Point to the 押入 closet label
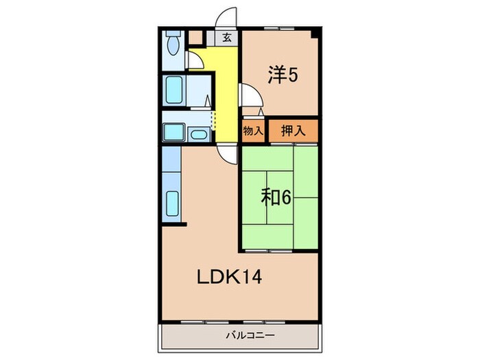coord(293,131)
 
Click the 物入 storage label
coord(253,131)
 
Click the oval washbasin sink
coord(199,134)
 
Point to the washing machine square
coord(172,132)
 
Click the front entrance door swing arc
coord(228,17)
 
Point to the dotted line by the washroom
coord(213,121)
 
